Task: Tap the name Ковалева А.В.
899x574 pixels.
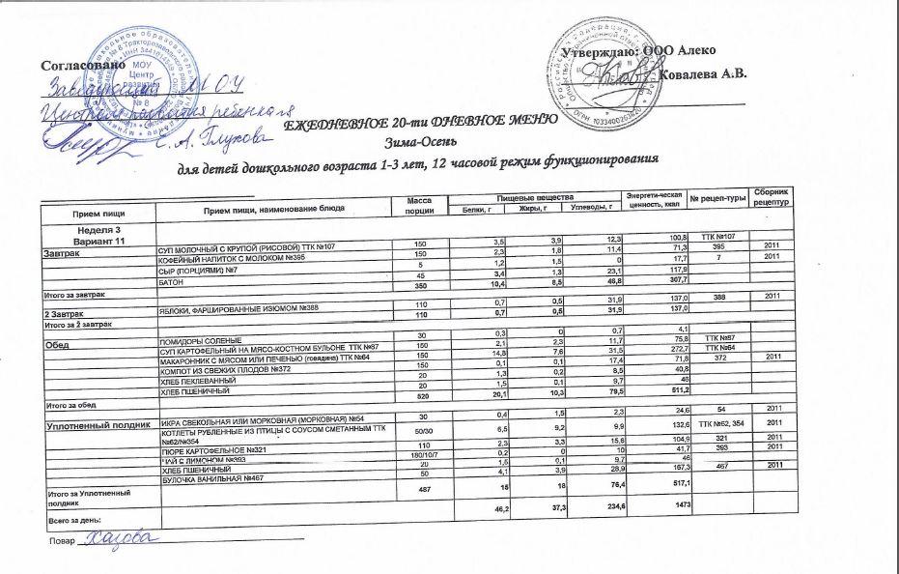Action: click(702, 74)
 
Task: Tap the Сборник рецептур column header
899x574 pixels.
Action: click(772, 199)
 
